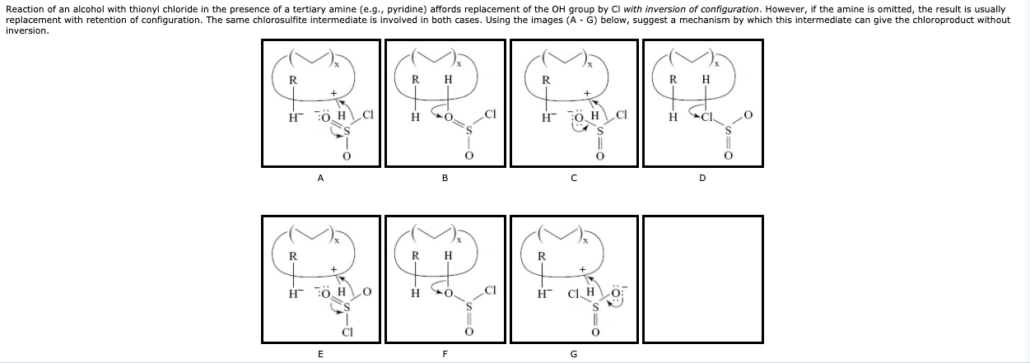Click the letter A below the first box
pyautogui.click(x=321, y=177)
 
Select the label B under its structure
pyautogui.click(x=445, y=177)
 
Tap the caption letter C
pyautogui.click(x=574, y=177)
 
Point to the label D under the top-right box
pyautogui.click(x=702, y=177)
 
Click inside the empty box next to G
pyautogui.click(x=702, y=278)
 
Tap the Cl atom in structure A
pyautogui.click(x=367, y=114)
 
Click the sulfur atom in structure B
pyautogui.click(x=470, y=132)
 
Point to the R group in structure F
pyautogui.click(x=416, y=255)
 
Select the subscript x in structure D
pyautogui.click(x=716, y=63)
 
